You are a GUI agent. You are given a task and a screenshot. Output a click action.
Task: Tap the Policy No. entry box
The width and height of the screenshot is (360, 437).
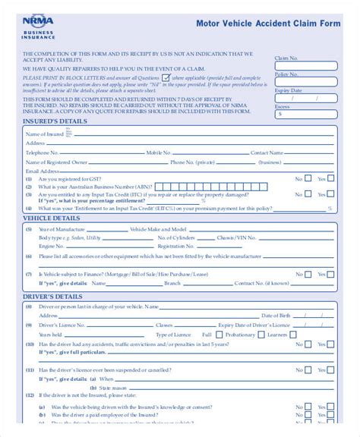(303, 83)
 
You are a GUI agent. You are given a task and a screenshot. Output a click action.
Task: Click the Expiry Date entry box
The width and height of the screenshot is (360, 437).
(303, 99)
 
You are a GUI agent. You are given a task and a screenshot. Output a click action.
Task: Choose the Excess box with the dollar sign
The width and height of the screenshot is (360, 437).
(303, 115)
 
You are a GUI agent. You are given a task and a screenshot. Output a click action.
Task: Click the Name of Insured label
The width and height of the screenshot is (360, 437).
(45, 134)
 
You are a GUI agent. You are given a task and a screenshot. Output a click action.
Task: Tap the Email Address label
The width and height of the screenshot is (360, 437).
(42, 171)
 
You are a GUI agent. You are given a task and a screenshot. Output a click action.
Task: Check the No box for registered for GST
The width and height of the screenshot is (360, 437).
(308, 179)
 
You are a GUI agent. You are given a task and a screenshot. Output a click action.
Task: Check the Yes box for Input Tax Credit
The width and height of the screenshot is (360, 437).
(331, 193)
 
